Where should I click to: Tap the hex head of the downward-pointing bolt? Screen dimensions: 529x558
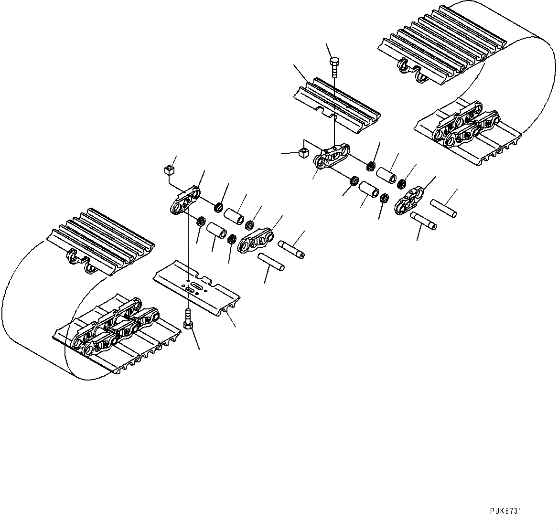334,62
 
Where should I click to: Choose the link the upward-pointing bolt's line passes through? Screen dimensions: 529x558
184,201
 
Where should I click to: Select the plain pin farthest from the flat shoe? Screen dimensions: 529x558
443,209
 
